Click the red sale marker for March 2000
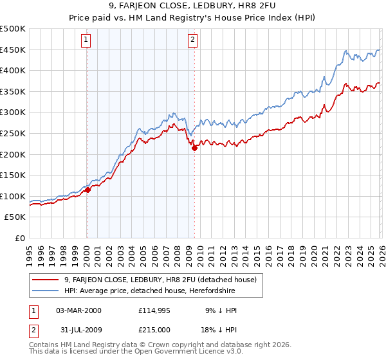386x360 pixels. pos(87,190)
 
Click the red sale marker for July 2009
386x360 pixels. pos(194,148)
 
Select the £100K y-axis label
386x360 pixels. pos(13,196)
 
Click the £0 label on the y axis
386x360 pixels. pos(19,238)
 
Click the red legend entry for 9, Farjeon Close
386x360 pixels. pos(160,280)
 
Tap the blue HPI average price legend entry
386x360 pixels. pos(149,291)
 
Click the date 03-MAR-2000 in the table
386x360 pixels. pos(78,310)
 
